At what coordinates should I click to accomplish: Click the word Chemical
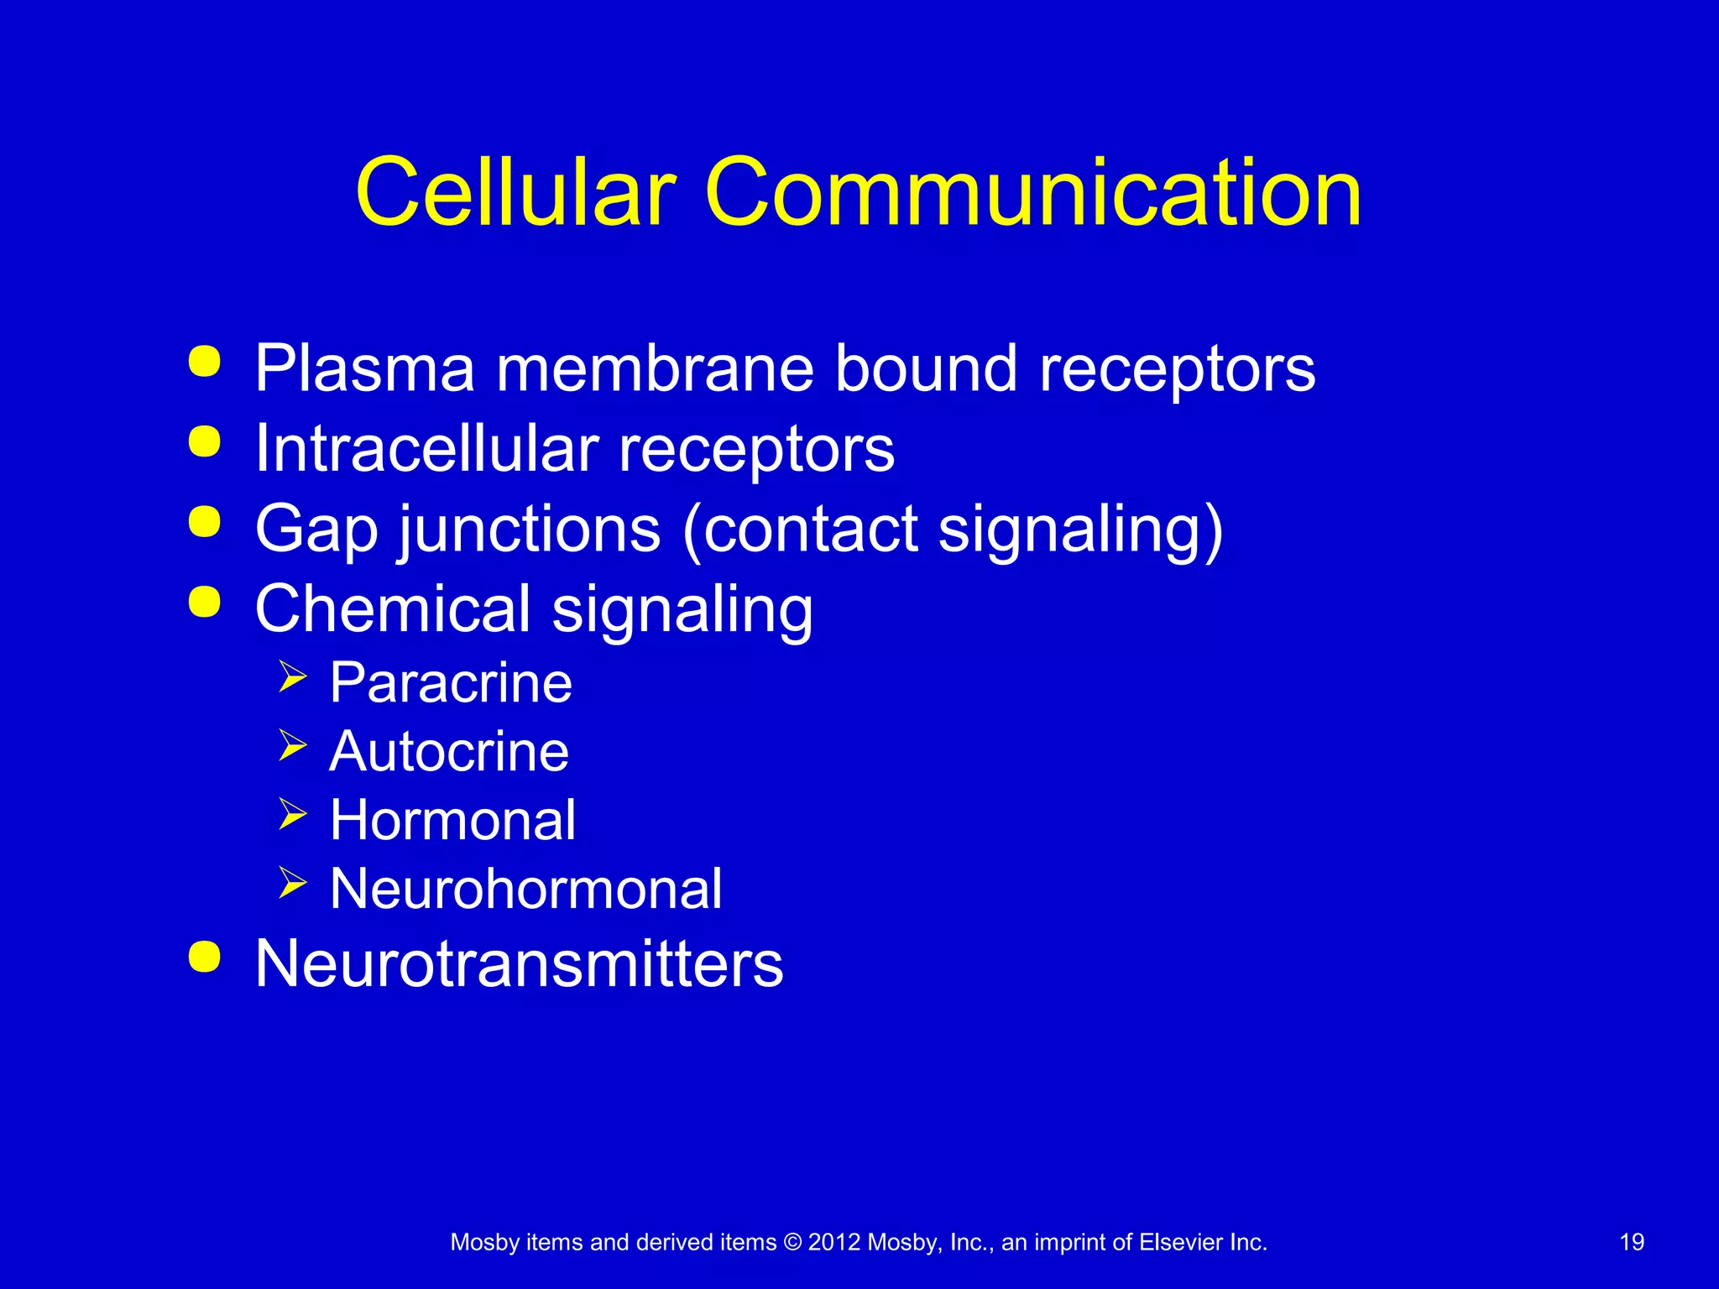point(393,609)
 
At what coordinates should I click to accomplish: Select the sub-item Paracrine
point(451,682)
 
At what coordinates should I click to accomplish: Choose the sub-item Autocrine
point(449,751)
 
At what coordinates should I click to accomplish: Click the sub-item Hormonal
point(452,820)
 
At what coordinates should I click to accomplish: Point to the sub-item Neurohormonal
point(525,889)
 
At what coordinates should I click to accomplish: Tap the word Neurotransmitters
point(519,963)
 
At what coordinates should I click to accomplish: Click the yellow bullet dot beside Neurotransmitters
point(205,956)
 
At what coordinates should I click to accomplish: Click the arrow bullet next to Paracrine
point(292,676)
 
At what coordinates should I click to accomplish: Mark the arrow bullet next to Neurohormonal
point(292,883)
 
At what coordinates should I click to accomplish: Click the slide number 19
point(1632,1242)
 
